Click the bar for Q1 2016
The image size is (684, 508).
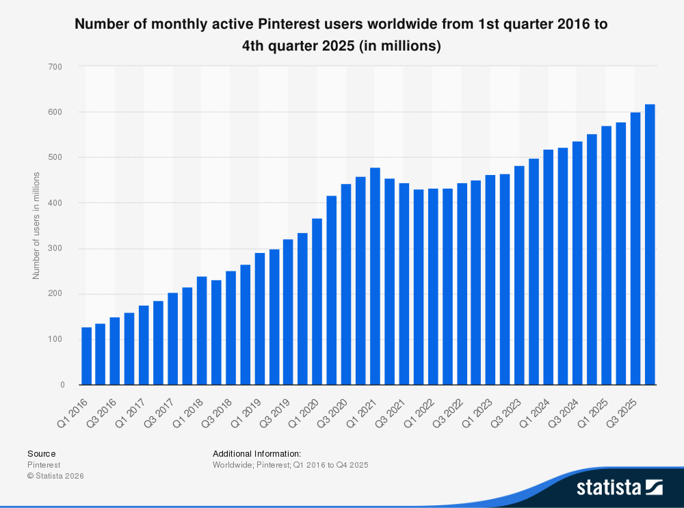[x=86, y=356]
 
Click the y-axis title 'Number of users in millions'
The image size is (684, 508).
[x=36, y=226]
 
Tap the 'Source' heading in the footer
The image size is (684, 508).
[x=42, y=453]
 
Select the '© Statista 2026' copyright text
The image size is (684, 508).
[x=55, y=476]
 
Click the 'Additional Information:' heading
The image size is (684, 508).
[x=256, y=453]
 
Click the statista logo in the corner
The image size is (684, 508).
[x=619, y=487]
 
